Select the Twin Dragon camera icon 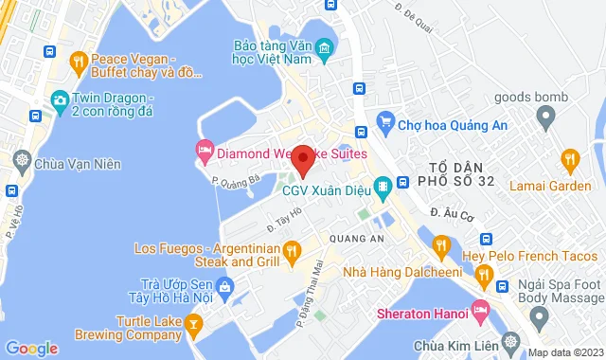pyautogui.click(x=60, y=99)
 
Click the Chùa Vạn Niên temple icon pyautogui.click(x=21, y=164)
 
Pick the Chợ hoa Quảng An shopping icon pyautogui.click(x=384, y=120)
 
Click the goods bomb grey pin pyautogui.click(x=544, y=118)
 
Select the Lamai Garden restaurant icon pyautogui.click(x=568, y=159)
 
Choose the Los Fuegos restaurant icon pyautogui.click(x=292, y=250)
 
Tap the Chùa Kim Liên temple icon pyautogui.click(x=511, y=341)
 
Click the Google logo pyautogui.click(x=31, y=348)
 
